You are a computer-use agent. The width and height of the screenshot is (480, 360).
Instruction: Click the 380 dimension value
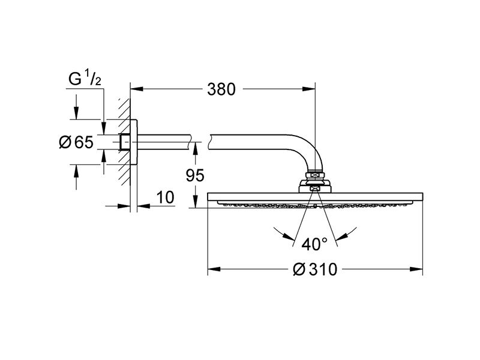(x=221, y=89)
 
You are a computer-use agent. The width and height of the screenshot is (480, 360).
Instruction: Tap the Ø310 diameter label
(x=315, y=269)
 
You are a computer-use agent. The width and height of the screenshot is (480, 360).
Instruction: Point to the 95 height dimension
(x=195, y=175)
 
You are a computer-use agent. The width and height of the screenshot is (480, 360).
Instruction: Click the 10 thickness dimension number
(x=166, y=197)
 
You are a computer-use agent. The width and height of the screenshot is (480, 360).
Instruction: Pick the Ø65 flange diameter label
(x=76, y=142)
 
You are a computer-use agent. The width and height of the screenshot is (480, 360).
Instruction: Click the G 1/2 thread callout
(x=85, y=78)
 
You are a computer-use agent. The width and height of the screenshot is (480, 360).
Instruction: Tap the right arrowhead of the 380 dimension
(x=309, y=89)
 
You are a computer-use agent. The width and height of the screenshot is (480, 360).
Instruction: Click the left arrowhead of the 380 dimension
(x=137, y=89)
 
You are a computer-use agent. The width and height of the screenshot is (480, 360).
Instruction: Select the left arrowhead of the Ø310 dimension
(x=214, y=269)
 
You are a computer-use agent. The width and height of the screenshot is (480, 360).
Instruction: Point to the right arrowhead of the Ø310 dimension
(x=416, y=269)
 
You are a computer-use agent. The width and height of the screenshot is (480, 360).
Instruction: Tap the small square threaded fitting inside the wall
(x=125, y=142)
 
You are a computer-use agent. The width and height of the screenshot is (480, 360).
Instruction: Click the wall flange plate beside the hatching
(x=134, y=142)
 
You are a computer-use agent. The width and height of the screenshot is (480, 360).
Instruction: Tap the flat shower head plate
(x=316, y=197)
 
